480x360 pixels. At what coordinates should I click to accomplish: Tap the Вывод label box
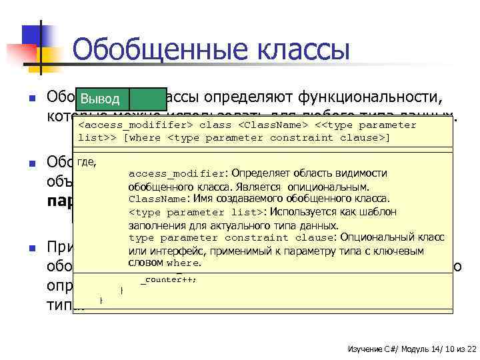pos(100,100)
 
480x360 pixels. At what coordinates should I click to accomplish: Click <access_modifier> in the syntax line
pos(136,125)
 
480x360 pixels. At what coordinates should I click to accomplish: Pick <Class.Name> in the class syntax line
pos(272,125)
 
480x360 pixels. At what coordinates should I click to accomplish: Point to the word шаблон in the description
pos(381,211)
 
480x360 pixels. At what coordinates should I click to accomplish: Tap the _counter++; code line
pos(169,279)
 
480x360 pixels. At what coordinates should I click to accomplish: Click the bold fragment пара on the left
pos(60,200)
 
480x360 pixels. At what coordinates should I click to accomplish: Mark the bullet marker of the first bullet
pos(31,99)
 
